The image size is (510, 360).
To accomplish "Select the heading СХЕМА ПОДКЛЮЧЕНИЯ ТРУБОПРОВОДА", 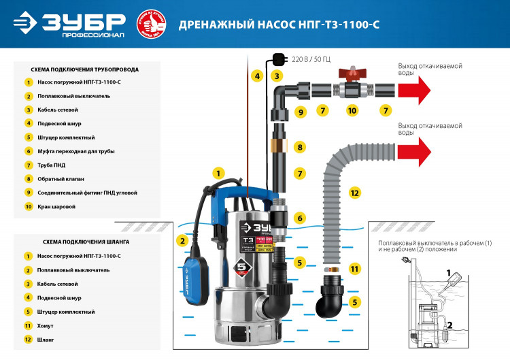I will point(86,69).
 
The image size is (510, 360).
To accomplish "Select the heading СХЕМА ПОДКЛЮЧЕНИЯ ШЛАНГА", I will point(76,242).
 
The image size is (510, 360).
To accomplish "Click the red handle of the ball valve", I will point(352,71).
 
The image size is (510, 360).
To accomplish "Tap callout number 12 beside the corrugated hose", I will point(354,193).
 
